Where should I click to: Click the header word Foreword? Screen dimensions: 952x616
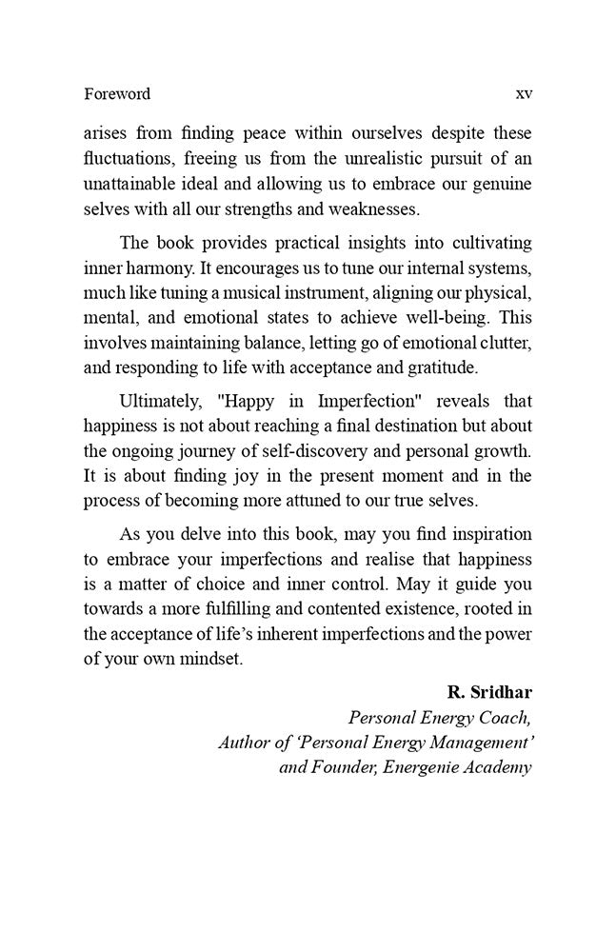click(x=116, y=94)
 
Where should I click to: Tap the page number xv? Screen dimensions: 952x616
click(x=523, y=94)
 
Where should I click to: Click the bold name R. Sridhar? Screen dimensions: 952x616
click(x=487, y=692)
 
